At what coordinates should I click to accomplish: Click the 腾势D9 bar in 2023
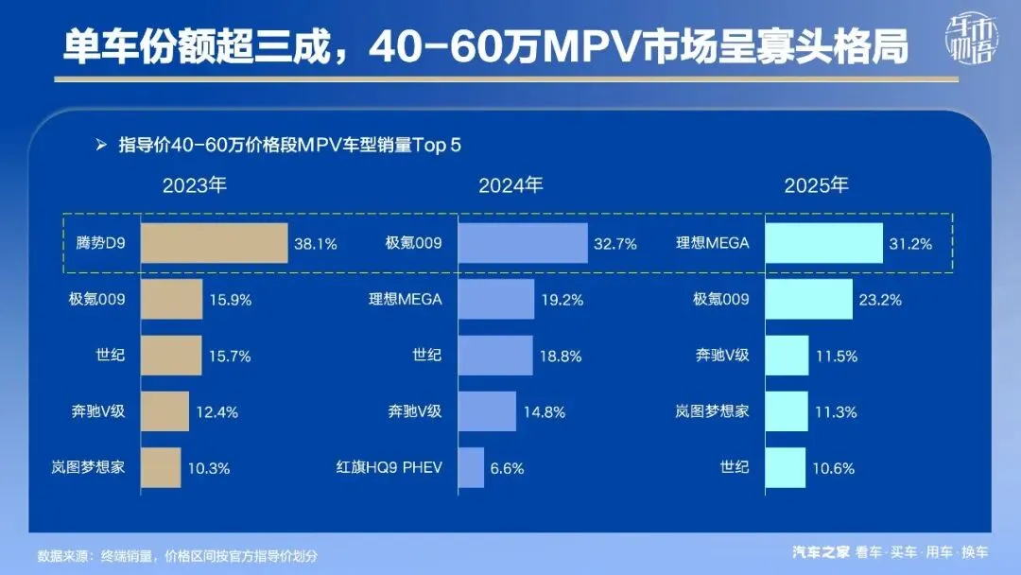(214, 243)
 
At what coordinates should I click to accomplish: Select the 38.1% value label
(316, 244)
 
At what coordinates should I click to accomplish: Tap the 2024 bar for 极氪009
(523, 243)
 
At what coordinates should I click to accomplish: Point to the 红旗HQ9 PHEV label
(389, 467)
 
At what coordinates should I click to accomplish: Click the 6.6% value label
(506, 467)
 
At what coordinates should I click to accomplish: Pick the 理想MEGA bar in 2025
(822, 243)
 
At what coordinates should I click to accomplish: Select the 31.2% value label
(909, 244)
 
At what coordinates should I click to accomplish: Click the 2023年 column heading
(195, 185)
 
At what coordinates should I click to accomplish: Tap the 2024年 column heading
(510, 185)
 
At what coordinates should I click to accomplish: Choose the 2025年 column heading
(816, 185)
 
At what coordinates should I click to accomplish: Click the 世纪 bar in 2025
(785, 467)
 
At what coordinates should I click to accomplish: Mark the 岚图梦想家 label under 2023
(95, 467)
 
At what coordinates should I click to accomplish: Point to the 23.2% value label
(879, 300)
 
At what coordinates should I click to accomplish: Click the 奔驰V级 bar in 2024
(487, 411)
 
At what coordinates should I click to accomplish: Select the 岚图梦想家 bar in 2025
(786, 411)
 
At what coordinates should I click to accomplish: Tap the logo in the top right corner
(973, 43)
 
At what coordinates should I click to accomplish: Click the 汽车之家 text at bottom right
(821, 552)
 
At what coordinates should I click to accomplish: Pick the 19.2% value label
(561, 300)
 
